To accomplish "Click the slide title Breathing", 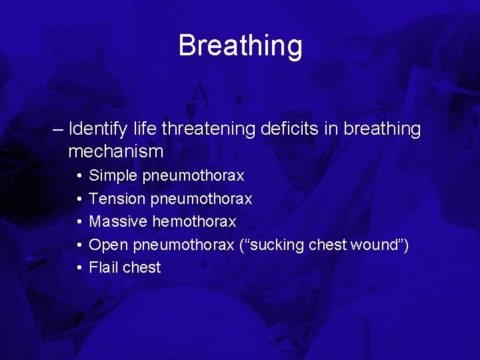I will click(x=240, y=46).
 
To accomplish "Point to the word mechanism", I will click(x=115, y=151).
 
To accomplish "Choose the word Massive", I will click(x=118, y=221).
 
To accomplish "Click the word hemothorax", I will click(x=194, y=221).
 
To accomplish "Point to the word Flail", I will click(x=104, y=267).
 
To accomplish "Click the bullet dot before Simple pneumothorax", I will click(x=78, y=176).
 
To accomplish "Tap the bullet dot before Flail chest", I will click(x=78, y=267).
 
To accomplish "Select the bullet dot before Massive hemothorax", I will click(x=78, y=221).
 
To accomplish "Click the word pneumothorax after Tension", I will click(x=201, y=199).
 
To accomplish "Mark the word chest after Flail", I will click(x=142, y=267).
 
